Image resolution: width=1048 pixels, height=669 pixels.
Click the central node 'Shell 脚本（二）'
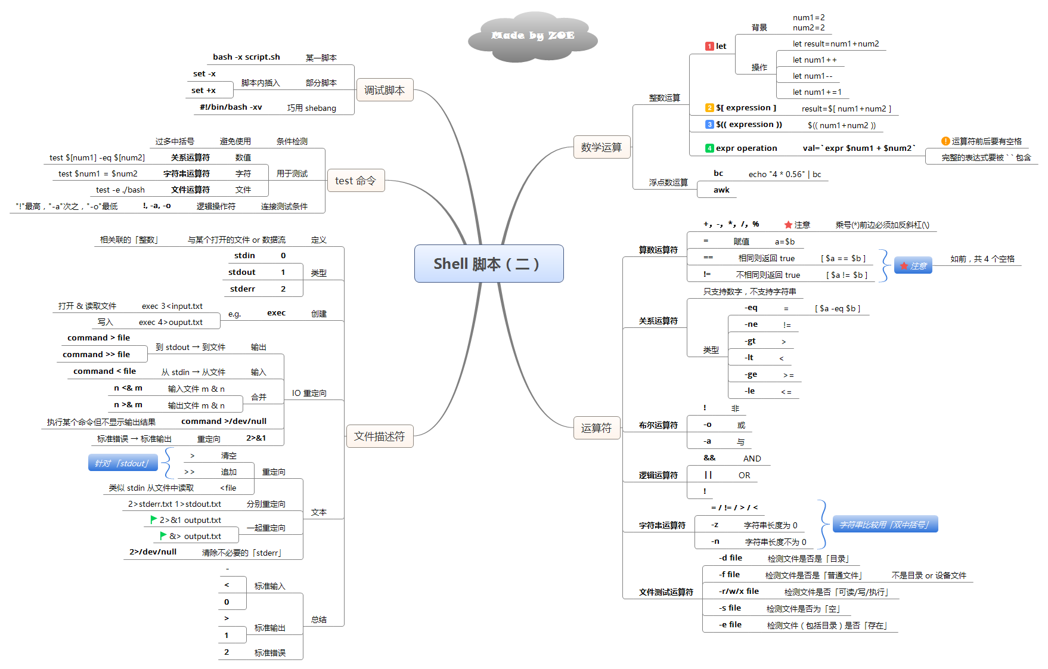[x=488, y=264]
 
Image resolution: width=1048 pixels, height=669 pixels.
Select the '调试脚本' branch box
[x=385, y=90]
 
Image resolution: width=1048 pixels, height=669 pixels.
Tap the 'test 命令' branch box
[x=355, y=181]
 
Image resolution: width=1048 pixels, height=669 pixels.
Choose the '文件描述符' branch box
[x=379, y=436]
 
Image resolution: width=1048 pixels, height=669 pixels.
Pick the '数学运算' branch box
[x=601, y=147]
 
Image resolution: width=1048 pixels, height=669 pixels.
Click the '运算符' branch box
[x=596, y=428]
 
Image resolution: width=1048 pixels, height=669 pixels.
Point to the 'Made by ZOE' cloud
[x=533, y=36]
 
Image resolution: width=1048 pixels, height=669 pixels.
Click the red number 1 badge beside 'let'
[x=709, y=47]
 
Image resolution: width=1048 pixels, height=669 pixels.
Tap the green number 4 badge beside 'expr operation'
[x=709, y=148]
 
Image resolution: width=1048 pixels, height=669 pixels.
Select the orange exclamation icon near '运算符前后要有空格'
[x=945, y=141]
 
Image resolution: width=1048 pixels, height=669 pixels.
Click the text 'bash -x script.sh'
[x=246, y=57]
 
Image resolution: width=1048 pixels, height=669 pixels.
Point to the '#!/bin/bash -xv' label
[x=231, y=107]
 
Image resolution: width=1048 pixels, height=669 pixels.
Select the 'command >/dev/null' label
[x=224, y=422]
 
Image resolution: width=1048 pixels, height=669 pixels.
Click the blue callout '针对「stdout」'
[x=123, y=463]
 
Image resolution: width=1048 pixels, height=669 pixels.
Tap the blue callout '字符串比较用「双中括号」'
[x=885, y=525]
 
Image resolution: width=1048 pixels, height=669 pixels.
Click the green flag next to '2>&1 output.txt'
[x=153, y=520]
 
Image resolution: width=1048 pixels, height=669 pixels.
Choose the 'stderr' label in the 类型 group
[x=243, y=289]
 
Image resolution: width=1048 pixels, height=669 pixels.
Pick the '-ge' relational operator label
[x=751, y=374]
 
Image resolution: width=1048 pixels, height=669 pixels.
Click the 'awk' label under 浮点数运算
[x=721, y=190]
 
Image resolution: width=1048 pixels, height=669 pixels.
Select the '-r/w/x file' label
[x=739, y=591]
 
